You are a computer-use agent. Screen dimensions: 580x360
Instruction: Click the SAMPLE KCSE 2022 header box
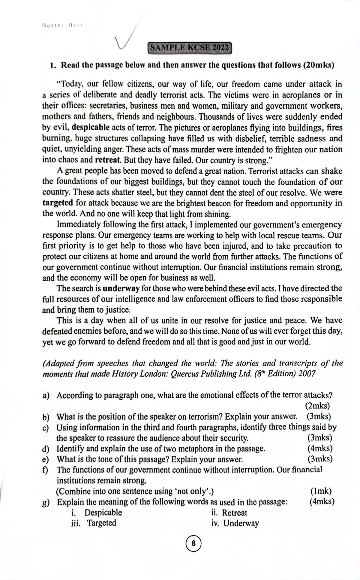pyautogui.click(x=190, y=48)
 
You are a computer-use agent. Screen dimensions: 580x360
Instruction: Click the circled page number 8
pyautogui.click(x=193, y=543)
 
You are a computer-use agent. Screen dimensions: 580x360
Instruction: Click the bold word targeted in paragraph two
pyautogui.click(x=58, y=203)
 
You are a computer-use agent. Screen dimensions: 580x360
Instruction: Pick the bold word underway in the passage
pyautogui.click(x=121, y=289)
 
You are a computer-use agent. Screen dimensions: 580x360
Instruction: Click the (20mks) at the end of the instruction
pyautogui.click(x=318, y=65)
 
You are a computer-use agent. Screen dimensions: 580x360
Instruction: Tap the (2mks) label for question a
pyautogui.click(x=317, y=406)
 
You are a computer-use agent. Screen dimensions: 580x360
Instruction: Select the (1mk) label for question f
pyautogui.click(x=321, y=491)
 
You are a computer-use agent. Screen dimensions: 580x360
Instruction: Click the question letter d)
pyautogui.click(x=46, y=449)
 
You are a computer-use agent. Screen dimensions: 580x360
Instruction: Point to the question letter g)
pyautogui.click(x=46, y=502)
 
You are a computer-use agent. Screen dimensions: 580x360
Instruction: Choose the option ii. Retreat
pyautogui.click(x=229, y=513)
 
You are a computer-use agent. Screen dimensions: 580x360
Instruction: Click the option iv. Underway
pyautogui.click(x=235, y=524)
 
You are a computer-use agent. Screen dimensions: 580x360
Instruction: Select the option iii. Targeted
pyautogui.click(x=94, y=523)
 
